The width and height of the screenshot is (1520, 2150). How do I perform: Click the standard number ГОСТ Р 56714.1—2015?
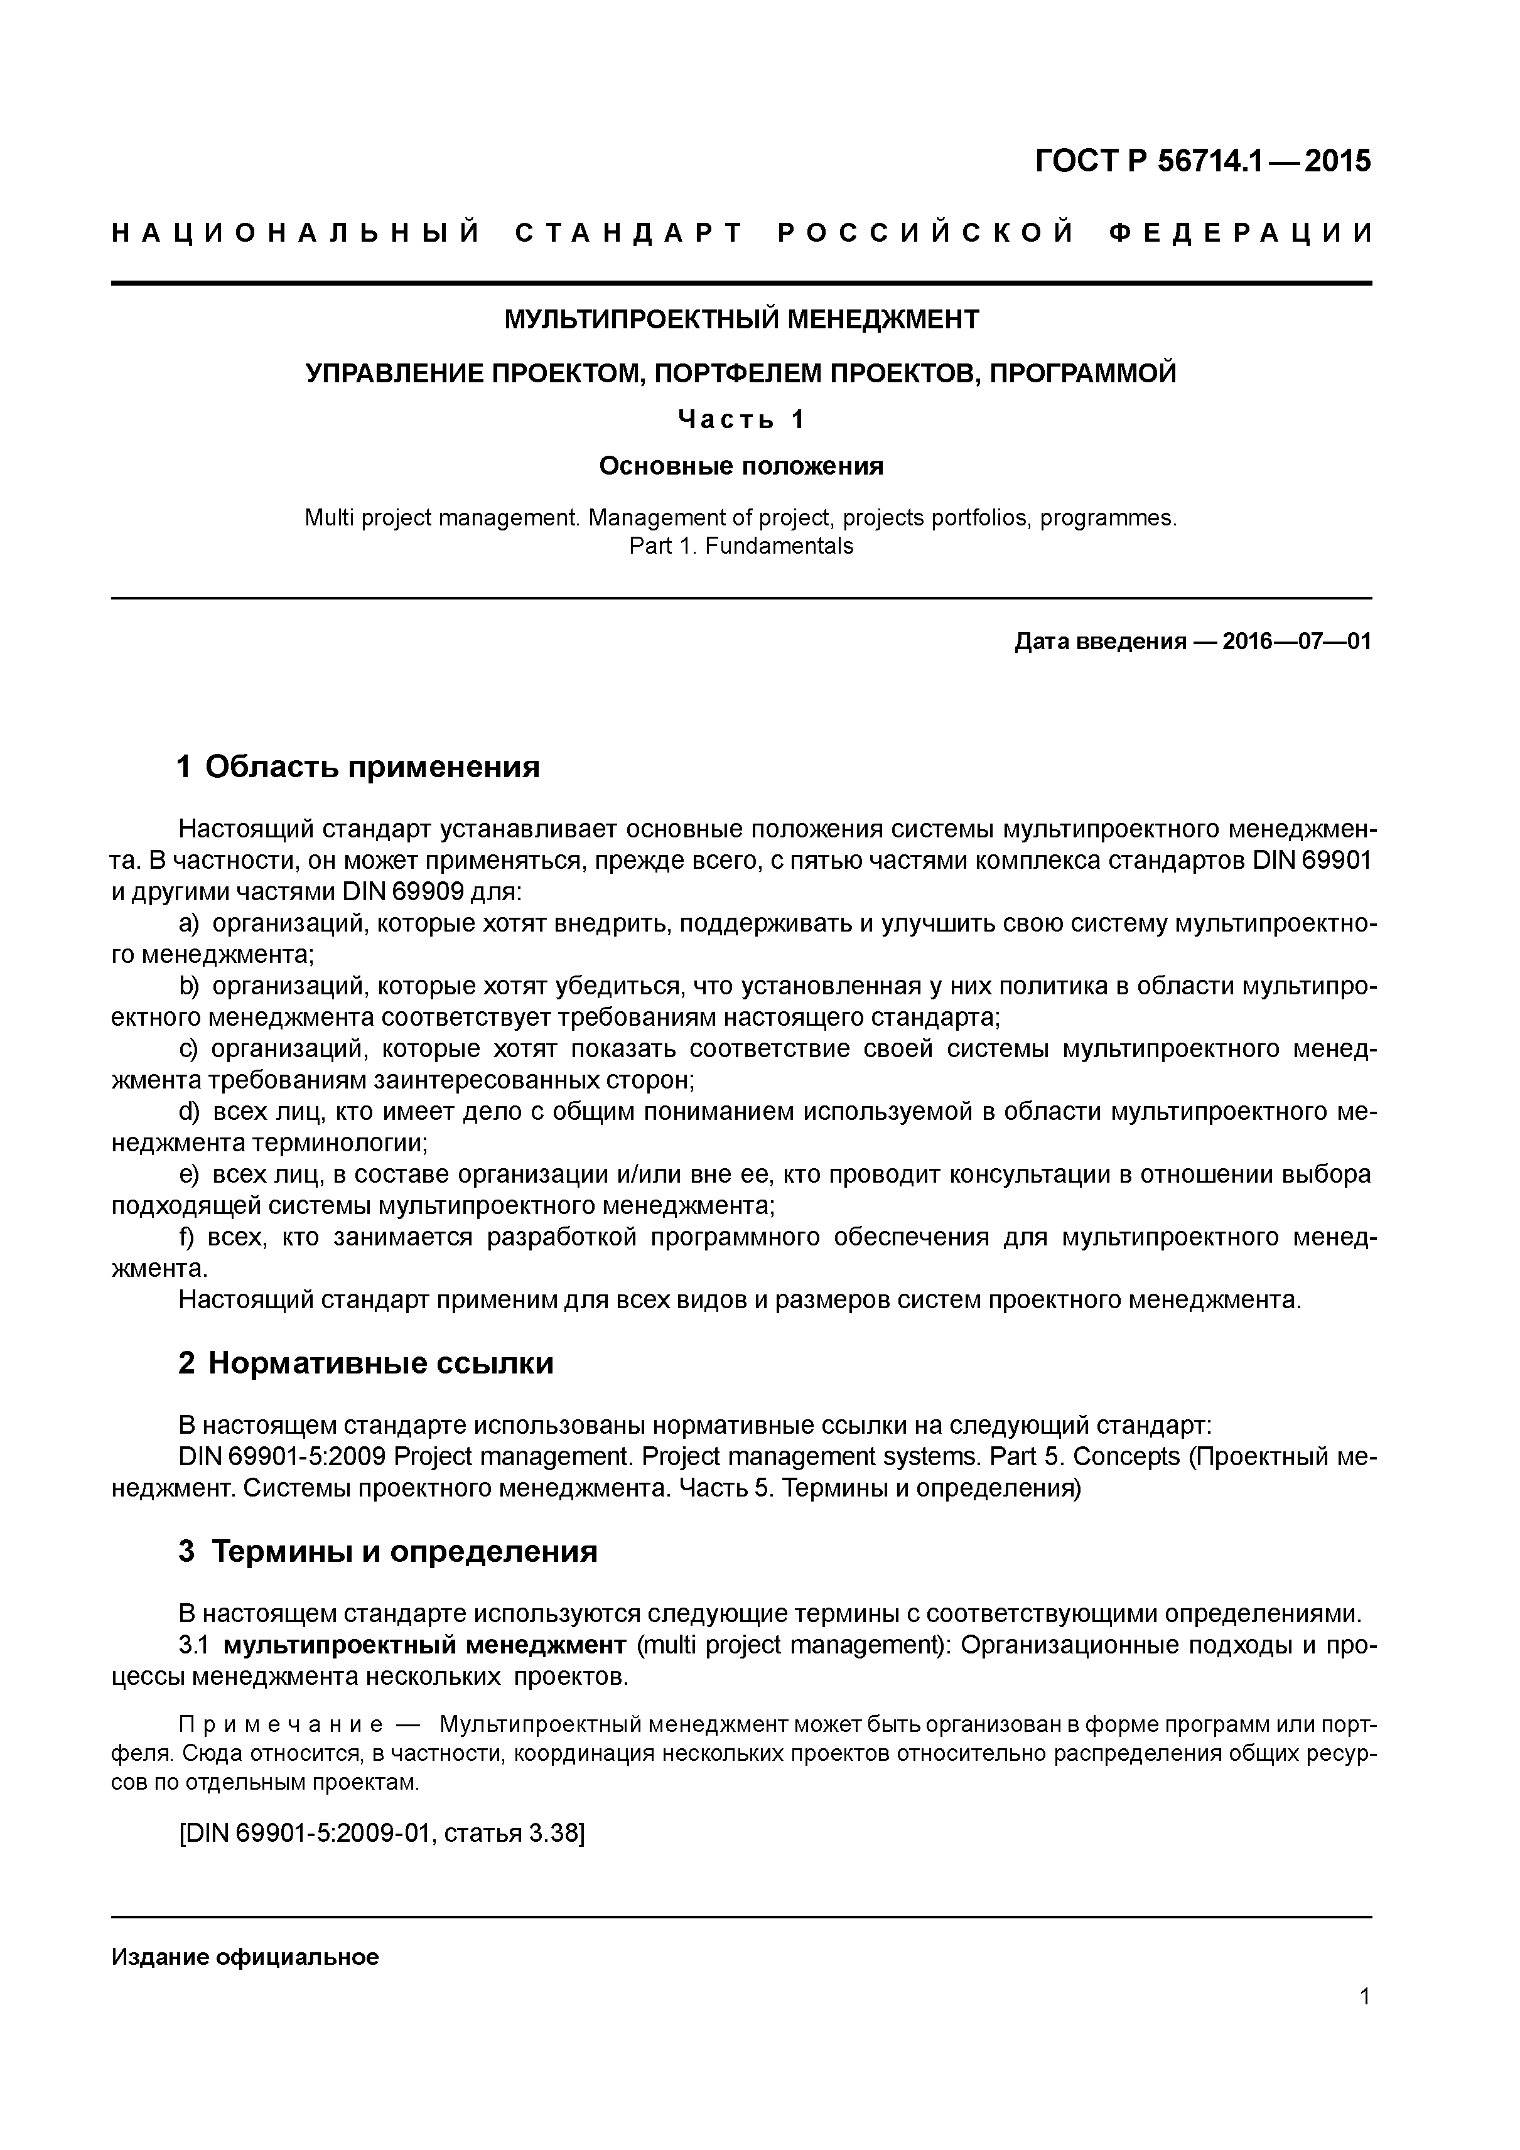point(1202,162)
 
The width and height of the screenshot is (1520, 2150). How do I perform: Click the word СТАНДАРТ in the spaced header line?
point(629,232)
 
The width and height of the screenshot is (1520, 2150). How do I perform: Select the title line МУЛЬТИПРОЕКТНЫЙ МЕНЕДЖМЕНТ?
point(741,320)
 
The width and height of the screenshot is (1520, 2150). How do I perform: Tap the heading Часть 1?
point(741,419)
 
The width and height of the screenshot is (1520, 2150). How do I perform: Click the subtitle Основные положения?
point(741,465)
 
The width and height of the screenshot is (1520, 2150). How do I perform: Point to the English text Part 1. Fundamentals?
point(741,546)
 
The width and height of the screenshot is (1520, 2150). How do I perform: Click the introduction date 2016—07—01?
point(1296,642)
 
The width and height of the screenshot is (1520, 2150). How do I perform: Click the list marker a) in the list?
point(189,924)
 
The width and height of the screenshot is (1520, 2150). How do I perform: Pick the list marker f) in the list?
point(186,1238)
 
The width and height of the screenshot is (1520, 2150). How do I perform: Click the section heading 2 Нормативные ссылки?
point(366,1363)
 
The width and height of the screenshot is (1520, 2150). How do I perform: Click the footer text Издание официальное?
point(245,1957)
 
